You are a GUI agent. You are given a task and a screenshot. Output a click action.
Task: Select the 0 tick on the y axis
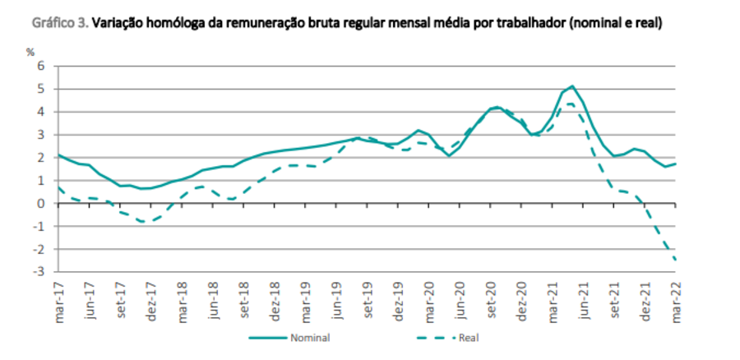pyautogui.click(x=39, y=203)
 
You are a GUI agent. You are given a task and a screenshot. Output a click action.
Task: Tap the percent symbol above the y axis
pyautogui.click(x=30, y=52)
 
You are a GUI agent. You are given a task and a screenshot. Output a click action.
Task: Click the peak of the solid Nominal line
pyautogui.click(x=572, y=85)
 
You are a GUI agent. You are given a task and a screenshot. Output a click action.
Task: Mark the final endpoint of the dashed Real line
pyautogui.click(x=676, y=261)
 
